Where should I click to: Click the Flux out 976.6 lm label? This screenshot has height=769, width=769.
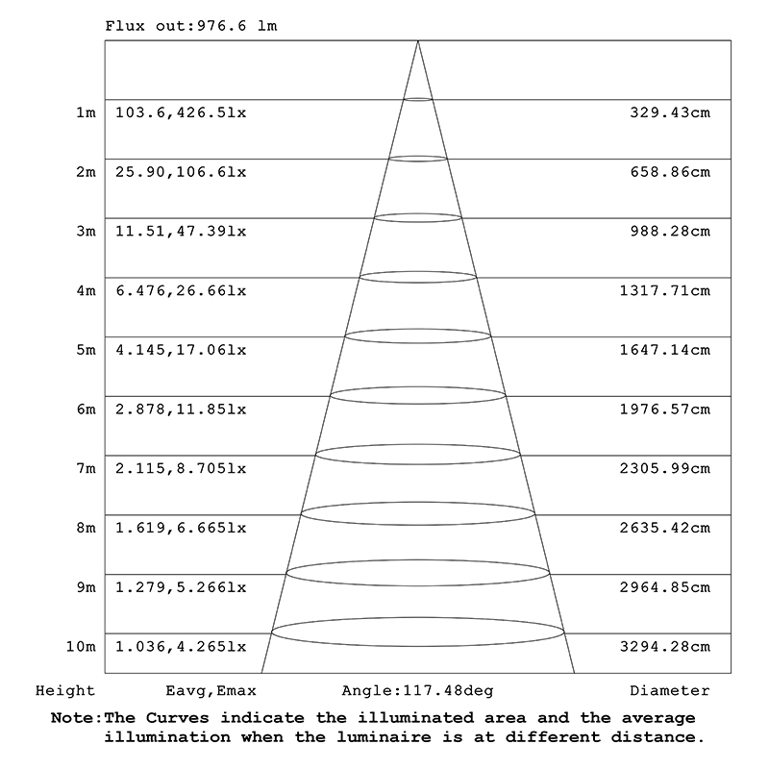tap(190, 26)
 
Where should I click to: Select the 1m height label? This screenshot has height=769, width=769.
tap(86, 113)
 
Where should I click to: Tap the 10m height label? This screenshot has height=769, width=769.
tap(82, 646)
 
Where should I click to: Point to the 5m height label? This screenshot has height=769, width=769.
tap(86, 350)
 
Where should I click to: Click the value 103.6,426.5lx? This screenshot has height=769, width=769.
tap(181, 113)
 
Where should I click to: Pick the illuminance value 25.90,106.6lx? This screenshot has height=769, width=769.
tap(181, 172)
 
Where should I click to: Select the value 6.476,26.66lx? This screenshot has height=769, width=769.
tap(181, 290)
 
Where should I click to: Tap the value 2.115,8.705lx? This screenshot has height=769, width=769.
tap(181, 468)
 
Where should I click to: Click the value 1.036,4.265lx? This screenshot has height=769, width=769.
tap(181, 646)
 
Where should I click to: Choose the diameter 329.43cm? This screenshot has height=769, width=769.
tap(670, 113)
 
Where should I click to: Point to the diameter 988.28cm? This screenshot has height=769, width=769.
tap(670, 232)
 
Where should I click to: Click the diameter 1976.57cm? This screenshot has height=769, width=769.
tap(665, 409)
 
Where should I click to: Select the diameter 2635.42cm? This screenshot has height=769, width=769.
tap(665, 528)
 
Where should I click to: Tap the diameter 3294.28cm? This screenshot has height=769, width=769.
tap(665, 646)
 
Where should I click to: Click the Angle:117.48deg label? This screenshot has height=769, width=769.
tap(417, 690)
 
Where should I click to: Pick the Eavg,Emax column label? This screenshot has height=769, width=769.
tap(211, 690)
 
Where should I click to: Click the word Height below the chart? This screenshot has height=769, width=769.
tap(65, 690)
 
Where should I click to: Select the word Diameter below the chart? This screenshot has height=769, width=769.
tap(670, 690)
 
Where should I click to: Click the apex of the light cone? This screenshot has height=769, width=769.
tap(418, 41)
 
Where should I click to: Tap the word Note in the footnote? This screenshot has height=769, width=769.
tap(75, 718)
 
